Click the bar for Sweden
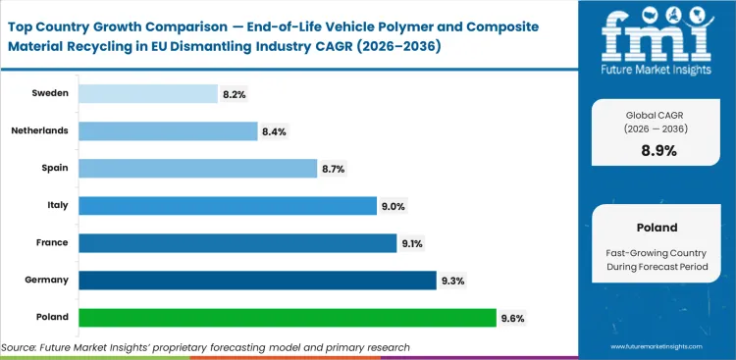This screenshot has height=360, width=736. pos(147,93)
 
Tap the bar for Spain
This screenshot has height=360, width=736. pos(197,168)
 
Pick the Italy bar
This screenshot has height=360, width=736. pos(227,205)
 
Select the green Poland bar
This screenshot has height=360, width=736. pos(287,317)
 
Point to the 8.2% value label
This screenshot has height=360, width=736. pos(235,94)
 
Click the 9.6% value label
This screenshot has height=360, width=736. pos(513,318)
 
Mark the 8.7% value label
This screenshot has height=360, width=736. pos(334,169)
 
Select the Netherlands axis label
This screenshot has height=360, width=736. pos(40,130)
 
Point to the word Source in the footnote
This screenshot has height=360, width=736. pos(21,347)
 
